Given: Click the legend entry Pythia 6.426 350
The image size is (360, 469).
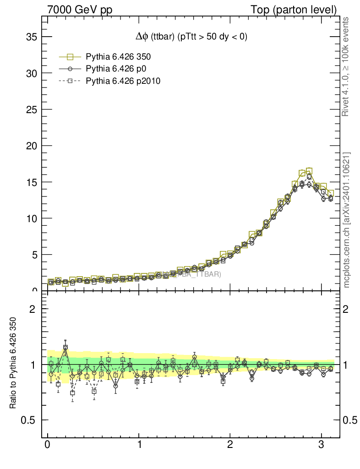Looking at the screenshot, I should (118, 57).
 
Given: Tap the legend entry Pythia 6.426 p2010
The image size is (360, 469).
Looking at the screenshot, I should (123, 81).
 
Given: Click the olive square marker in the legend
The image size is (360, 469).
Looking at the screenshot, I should (70, 57).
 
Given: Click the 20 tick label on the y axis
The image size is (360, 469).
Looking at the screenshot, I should (31, 146).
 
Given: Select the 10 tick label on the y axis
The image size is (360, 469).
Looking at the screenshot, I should (31, 218).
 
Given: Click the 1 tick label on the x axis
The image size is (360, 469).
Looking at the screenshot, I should (139, 446).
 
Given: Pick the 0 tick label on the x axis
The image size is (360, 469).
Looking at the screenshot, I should (48, 446).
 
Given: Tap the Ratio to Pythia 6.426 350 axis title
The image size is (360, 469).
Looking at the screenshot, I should (13, 362).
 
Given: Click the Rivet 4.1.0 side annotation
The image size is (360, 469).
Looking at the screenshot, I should (346, 67).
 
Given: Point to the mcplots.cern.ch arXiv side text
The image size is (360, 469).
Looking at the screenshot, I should (347, 220).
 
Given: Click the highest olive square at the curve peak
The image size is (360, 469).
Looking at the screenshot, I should (309, 171).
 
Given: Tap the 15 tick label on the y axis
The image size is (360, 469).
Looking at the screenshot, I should (31, 182).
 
